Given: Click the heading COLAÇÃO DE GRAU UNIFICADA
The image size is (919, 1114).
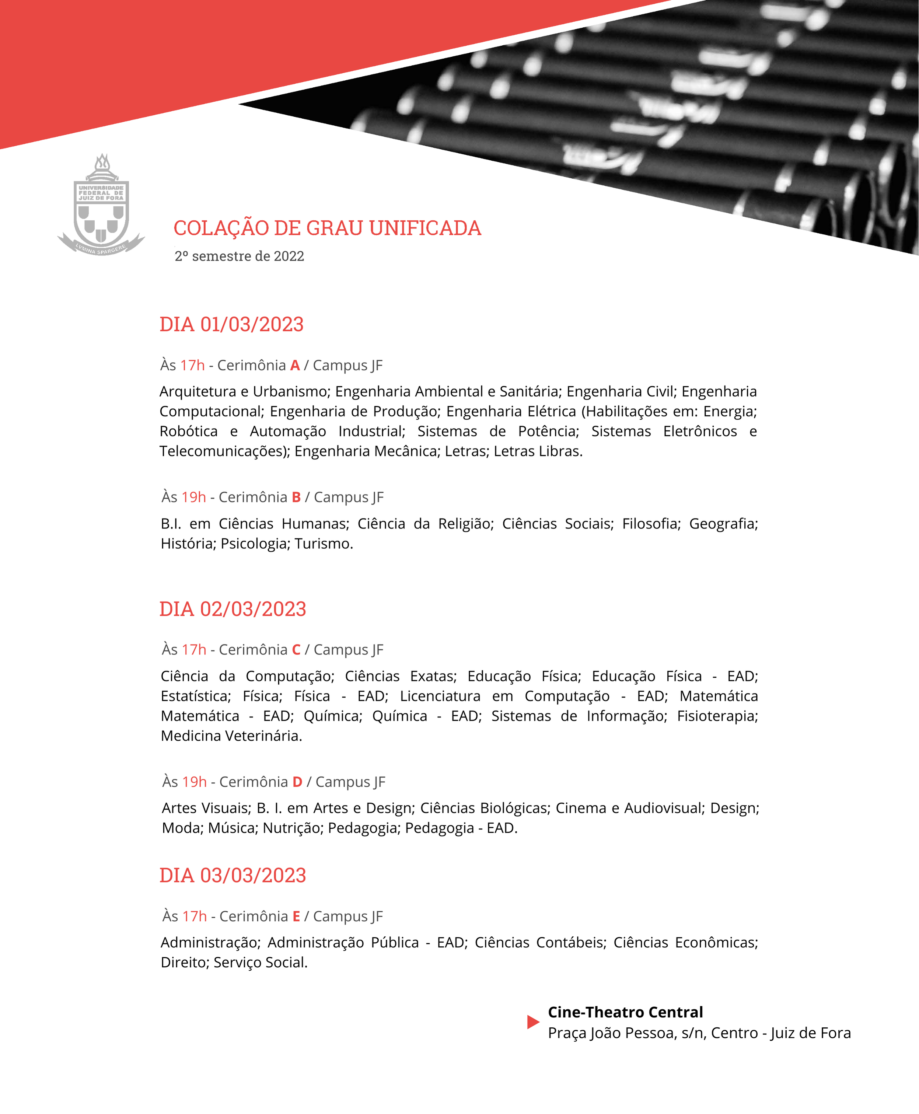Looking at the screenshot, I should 327,228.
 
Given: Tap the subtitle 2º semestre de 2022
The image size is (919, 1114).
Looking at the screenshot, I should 239,256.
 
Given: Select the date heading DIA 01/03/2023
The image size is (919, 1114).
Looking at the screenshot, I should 231,324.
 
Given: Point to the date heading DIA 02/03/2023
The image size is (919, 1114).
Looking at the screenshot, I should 233,609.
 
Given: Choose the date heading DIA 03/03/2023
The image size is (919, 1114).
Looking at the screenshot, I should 233,875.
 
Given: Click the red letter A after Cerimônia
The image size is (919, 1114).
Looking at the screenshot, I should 295,365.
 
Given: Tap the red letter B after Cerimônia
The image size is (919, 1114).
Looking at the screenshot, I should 296,497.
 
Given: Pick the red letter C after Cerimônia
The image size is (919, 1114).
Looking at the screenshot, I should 296,650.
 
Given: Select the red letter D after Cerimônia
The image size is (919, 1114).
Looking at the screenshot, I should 297,782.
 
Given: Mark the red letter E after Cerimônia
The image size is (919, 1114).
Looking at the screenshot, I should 296,916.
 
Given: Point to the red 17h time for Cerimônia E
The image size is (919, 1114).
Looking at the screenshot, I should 194,916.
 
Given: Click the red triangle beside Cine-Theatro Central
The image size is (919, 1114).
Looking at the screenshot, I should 532,1022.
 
